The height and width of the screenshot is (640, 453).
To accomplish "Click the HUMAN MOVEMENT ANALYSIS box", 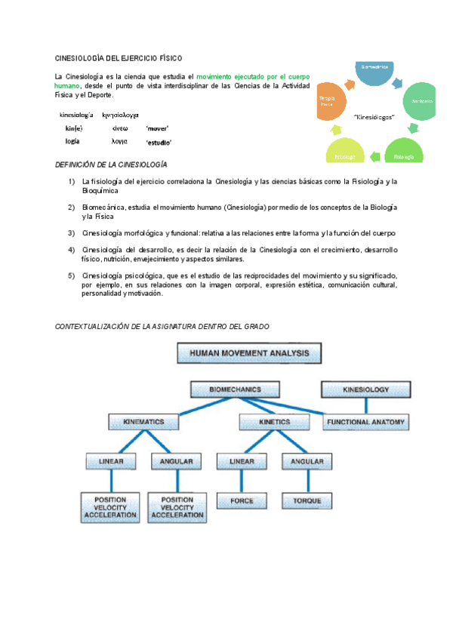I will pyautogui.click(x=249, y=353).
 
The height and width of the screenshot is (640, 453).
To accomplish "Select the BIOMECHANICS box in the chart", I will pyautogui.click(x=225, y=389).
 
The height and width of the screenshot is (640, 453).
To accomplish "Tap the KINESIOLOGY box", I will pyautogui.click(x=366, y=389).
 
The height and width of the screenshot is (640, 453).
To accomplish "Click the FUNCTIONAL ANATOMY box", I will pyautogui.click(x=366, y=422).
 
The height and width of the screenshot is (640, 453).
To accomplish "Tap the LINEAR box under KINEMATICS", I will pyautogui.click(x=110, y=460).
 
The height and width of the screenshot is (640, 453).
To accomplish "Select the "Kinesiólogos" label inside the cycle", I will pyautogui.click(x=374, y=117).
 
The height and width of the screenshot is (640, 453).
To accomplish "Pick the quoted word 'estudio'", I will pyautogui.click(x=159, y=142).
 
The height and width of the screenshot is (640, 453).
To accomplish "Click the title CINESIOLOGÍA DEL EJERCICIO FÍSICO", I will pyautogui.click(x=119, y=58).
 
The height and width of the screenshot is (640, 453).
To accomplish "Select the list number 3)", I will pyautogui.click(x=71, y=232).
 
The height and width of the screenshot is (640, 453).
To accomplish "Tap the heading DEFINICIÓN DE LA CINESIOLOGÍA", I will pyautogui.click(x=112, y=165).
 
